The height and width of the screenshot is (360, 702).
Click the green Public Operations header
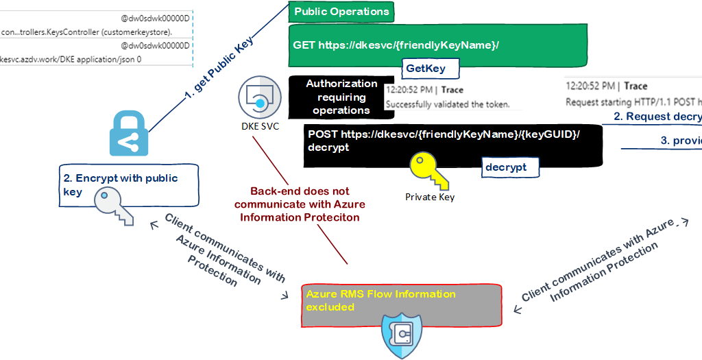(x=341, y=12)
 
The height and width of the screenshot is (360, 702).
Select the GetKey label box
(x=426, y=68)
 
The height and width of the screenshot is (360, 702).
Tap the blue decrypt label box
(x=506, y=166)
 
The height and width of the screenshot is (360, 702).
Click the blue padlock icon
(x=129, y=136)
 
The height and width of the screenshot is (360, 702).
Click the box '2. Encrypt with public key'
(x=127, y=185)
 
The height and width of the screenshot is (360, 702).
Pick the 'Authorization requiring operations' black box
(x=341, y=97)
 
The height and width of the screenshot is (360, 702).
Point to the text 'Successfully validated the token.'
(x=447, y=104)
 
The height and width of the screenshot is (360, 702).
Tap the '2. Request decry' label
(x=657, y=117)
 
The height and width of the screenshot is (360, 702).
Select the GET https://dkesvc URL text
(x=396, y=45)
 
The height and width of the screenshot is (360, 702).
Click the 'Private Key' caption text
(x=429, y=197)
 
